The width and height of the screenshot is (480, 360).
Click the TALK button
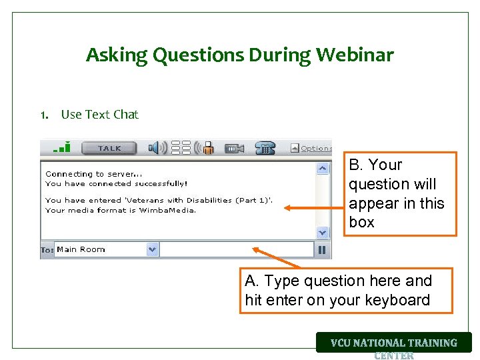[109, 148]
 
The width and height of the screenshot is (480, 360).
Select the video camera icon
[234, 149]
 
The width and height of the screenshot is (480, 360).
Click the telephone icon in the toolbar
[265, 148]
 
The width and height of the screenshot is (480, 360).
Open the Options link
[315, 149]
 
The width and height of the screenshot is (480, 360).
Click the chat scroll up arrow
[323, 169]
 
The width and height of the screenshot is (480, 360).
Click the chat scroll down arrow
[323, 232]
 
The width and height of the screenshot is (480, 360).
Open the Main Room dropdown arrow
[152, 250]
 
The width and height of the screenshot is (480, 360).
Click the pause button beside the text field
[323, 250]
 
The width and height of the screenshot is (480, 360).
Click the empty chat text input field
[237, 250]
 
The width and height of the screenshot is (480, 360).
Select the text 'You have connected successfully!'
[116, 183]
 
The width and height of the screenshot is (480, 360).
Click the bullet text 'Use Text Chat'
[99, 115]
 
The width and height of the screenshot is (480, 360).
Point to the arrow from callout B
[313, 207]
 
